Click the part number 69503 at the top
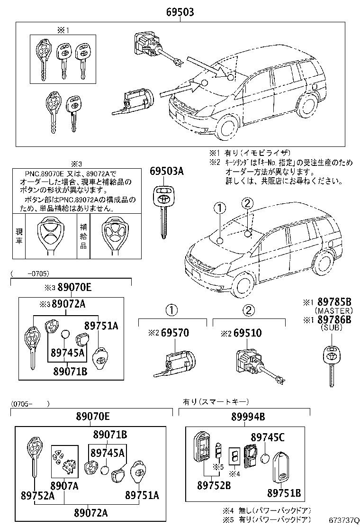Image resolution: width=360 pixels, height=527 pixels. tap(180, 12)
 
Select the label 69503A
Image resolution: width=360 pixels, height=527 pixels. tap(167, 172)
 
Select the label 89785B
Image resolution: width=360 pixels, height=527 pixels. tap(334, 302)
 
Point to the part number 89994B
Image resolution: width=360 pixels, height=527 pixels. tap(248, 417)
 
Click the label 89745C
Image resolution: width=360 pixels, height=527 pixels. tap(268, 437)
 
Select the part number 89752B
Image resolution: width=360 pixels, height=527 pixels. tap(214, 485)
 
